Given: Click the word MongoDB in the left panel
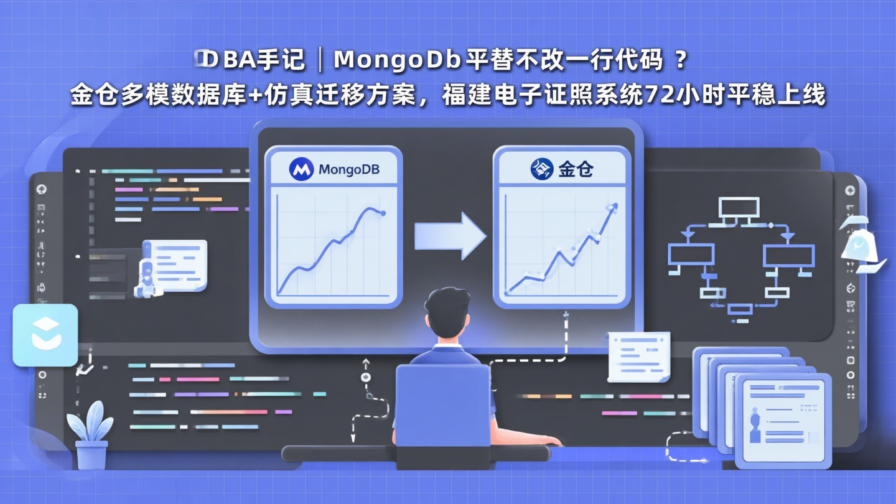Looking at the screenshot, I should coord(348,169).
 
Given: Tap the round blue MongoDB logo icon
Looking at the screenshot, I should coord(301,169).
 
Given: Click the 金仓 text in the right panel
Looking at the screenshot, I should coord(576,169).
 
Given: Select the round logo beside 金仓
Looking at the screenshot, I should coord(541,169).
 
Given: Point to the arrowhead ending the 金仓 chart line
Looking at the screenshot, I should coord(614,207).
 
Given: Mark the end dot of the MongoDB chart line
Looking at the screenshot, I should coord(383,213).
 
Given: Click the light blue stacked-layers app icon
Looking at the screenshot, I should coord(45,335).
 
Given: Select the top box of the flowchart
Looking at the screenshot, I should coord(739,207).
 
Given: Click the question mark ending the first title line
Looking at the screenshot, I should coord(681,60).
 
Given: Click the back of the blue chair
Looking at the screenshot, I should coord(442,404).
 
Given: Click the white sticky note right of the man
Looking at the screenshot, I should coord(639,356).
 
